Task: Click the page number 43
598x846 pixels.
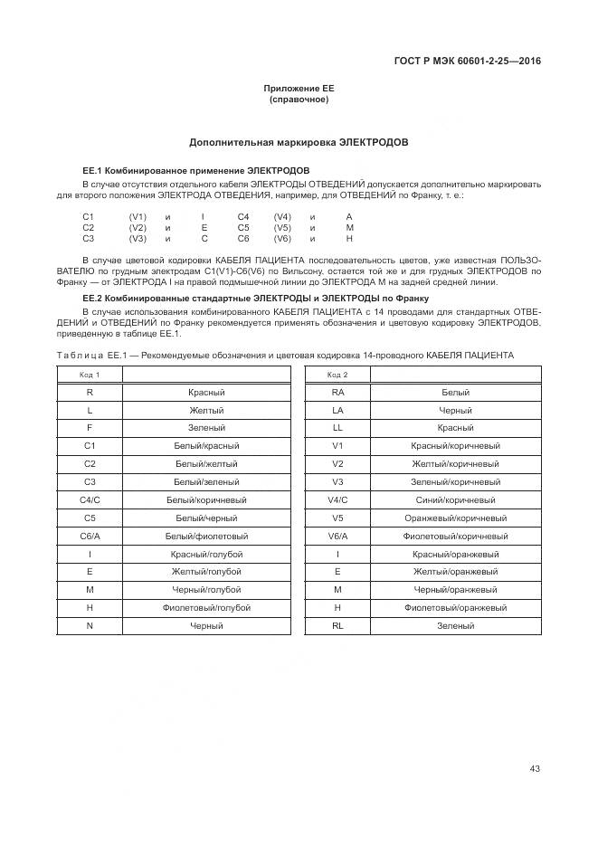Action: click(535, 769)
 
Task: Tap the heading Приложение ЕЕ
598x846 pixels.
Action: click(299, 89)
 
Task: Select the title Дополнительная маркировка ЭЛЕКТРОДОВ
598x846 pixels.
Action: click(299, 143)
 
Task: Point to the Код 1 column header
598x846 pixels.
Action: click(90, 375)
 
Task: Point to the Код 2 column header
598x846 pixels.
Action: click(337, 375)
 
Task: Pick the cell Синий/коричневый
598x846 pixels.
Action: click(455, 499)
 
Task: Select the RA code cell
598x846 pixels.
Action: click(337, 393)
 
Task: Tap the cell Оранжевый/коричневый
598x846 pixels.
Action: click(455, 518)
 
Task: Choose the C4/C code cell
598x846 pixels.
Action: click(90, 499)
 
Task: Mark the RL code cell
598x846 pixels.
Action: click(337, 625)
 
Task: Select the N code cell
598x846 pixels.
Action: click(90, 625)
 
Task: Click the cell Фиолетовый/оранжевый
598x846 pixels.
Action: click(455, 607)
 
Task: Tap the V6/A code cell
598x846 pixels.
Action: click(337, 536)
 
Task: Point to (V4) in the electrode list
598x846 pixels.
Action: click(282, 217)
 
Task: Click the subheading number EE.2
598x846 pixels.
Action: click(91, 298)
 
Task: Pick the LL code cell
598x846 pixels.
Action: click(337, 428)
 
